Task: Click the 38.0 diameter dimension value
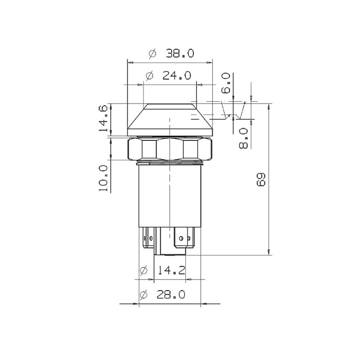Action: (x=180, y=54)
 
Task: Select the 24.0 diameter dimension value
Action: (x=177, y=76)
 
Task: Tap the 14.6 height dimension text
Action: (x=103, y=118)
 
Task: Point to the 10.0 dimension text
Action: (x=103, y=178)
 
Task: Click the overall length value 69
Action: (x=261, y=180)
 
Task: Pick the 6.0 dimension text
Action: (x=226, y=83)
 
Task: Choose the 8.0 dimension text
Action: (x=243, y=138)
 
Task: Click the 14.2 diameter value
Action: (x=171, y=270)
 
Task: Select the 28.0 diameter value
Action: (x=171, y=295)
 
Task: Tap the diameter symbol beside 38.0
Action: (x=153, y=54)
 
